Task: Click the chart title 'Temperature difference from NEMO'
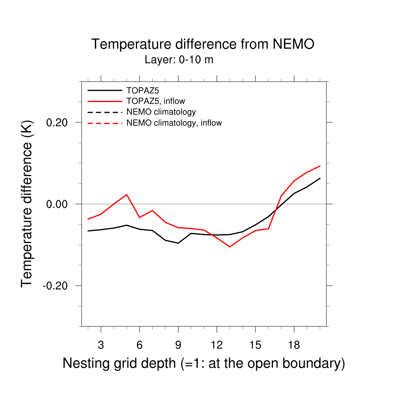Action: click(203, 44)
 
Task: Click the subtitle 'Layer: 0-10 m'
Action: click(179, 60)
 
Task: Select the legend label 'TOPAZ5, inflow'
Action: click(155, 101)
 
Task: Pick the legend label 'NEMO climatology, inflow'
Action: click(174, 123)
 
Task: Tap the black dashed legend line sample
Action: click(104, 112)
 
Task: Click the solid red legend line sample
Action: click(104, 101)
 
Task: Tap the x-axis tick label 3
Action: click(101, 345)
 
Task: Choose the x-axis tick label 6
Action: click(139, 345)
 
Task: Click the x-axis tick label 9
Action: click(178, 345)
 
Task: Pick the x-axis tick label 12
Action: click(217, 345)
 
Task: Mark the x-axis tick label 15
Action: click(255, 345)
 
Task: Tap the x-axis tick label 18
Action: click(294, 345)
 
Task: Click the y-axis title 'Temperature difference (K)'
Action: click(27, 204)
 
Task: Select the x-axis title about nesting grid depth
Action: click(204, 363)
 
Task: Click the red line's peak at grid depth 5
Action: click(127, 194)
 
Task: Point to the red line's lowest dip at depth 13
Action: click(230, 247)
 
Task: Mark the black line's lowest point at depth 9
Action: click(178, 243)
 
